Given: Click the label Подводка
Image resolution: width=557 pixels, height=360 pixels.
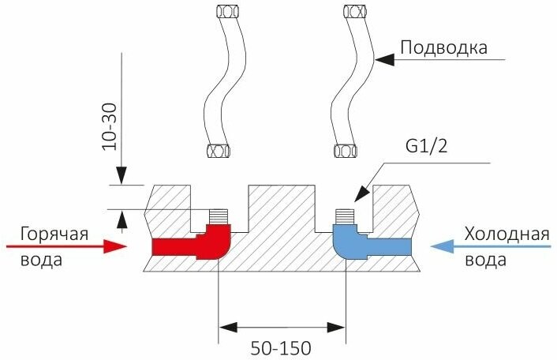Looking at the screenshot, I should click(443, 47).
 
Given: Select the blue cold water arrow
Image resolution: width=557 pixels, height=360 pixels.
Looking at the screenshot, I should click(489, 246).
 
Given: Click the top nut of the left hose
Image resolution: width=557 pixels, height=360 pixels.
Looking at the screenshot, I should click(224, 13).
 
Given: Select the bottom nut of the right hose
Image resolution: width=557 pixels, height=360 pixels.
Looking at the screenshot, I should click(345, 150).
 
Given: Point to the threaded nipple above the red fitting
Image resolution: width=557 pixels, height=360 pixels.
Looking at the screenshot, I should click(216, 216).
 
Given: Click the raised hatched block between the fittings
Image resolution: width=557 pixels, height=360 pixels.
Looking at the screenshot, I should click(282, 209).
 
